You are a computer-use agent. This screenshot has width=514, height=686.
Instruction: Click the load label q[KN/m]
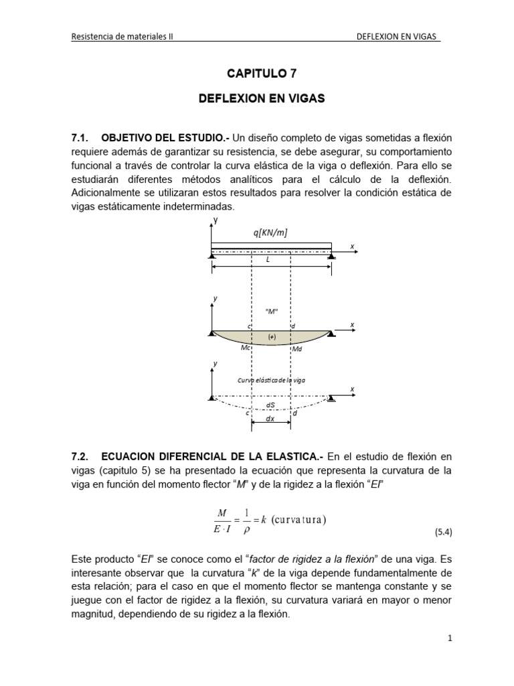coord(270,232)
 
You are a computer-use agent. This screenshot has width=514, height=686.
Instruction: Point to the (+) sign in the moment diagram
coord(272,337)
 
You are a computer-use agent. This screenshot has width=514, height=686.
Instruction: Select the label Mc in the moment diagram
coord(245,348)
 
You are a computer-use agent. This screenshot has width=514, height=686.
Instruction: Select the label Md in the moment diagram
coord(298,349)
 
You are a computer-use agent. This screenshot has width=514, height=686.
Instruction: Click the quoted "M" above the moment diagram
coord(271,311)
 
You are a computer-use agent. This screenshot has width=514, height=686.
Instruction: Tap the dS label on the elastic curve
coord(270,405)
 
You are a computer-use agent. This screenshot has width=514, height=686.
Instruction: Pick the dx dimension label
coord(270,418)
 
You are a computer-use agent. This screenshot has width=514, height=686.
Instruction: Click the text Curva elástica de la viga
coord(271,380)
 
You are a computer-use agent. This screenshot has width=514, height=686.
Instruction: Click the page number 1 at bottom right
coord(450,638)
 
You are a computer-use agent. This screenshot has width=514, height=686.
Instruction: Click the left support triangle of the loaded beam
coord(212,254)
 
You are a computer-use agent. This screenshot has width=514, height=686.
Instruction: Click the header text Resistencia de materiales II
coord(122,38)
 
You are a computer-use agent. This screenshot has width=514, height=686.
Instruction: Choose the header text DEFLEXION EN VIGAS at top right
coord(399,38)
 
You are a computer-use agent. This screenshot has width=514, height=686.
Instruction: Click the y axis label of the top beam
coord(216,220)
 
